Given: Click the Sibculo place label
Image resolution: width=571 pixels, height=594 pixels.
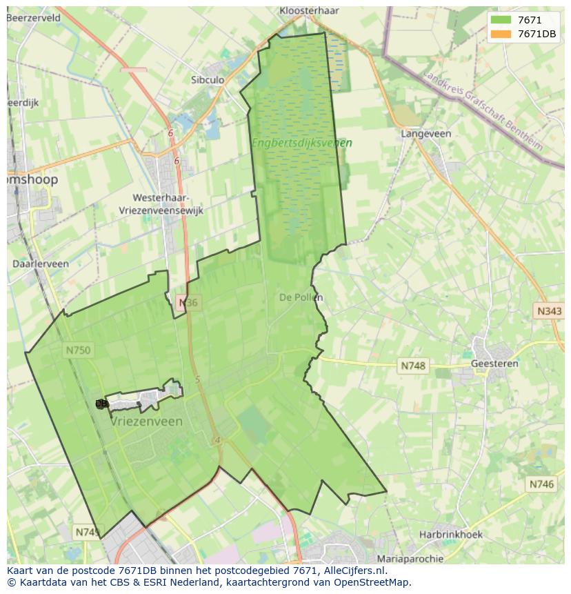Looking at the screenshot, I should pos(208,80).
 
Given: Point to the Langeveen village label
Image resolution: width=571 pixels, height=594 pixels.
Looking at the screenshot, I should pos(426,134).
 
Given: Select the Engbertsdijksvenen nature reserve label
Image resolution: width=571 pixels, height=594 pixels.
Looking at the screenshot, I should pos(301,143).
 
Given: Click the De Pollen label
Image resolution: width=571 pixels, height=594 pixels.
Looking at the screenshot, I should pos(301,297).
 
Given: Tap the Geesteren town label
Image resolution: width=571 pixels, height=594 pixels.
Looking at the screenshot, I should pos(494,364).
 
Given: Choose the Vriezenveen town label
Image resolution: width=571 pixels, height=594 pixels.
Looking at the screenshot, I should pos(147,422).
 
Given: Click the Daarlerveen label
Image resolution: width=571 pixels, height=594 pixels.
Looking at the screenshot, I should pos(41,264).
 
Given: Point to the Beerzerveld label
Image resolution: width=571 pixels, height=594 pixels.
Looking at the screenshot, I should pos(33,17).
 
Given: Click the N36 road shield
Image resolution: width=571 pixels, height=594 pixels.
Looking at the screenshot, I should pos(188,303).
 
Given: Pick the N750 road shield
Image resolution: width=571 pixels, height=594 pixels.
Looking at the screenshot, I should pos(78,350).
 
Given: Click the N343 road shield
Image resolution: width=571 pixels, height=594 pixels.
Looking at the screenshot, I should pos(549,311).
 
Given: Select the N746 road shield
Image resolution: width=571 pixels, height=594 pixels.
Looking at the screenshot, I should pos(541,485).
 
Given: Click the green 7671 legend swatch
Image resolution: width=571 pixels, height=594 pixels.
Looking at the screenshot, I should pos(501,21).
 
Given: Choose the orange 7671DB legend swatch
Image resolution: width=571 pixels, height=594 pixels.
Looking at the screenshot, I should pos(501,34).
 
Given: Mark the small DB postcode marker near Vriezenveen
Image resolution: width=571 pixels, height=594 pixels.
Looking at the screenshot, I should pos(101,404).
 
